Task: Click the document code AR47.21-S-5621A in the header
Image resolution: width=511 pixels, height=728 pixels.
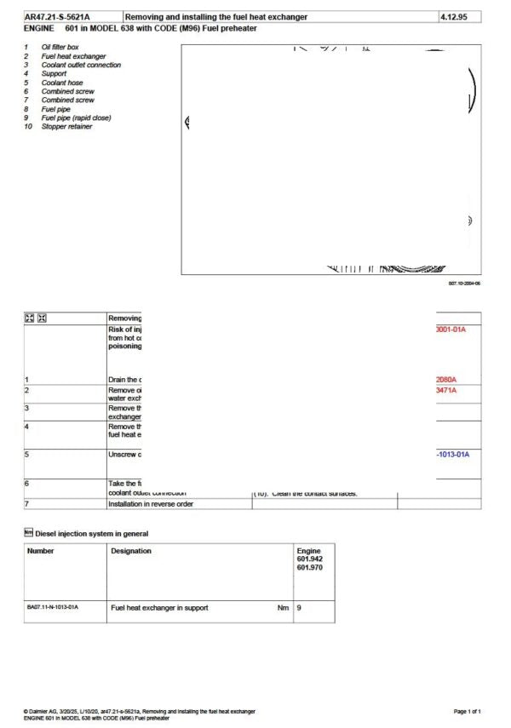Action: [x=57, y=17]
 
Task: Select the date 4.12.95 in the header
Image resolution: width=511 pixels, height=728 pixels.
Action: [x=455, y=17]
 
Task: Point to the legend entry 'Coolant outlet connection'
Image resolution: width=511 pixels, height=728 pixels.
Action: [x=81, y=65]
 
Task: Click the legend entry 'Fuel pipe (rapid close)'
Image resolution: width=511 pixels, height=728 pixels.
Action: [x=76, y=118]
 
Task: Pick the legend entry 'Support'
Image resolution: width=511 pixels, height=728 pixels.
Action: [x=54, y=73]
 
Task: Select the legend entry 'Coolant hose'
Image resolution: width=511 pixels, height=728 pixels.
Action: [x=61, y=83]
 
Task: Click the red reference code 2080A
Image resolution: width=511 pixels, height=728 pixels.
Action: [x=446, y=380]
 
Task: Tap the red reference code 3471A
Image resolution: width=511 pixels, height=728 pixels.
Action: [x=446, y=390]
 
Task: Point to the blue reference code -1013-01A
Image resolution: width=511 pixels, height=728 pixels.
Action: [x=452, y=455]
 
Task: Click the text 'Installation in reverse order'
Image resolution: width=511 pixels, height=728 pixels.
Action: [x=151, y=504]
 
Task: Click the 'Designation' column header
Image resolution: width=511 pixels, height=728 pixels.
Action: [x=131, y=551]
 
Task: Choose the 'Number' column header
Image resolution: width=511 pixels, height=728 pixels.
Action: [x=41, y=551]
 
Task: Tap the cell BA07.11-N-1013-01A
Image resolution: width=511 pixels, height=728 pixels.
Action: [x=53, y=607]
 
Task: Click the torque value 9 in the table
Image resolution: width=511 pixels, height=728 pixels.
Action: [x=299, y=608]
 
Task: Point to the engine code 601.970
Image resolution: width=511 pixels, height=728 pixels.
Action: [x=309, y=567]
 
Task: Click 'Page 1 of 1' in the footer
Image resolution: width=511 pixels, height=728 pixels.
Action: [x=468, y=711]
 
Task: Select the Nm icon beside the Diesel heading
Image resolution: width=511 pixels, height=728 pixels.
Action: [x=28, y=533]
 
